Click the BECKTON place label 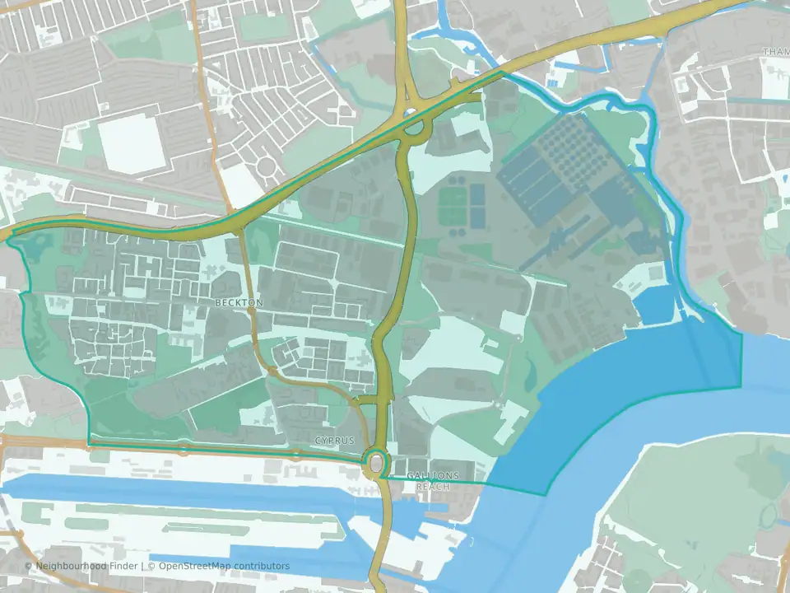pos(239,303)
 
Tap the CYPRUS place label pos(334,441)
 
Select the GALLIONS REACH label pos(432,481)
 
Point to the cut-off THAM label pos(775,52)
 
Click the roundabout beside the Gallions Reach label pos(377,465)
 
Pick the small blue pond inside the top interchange pos(409,114)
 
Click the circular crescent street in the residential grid pos(267,169)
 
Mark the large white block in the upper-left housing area pos(132,145)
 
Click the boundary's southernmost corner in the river pos(545,494)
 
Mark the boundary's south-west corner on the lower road pos(90,443)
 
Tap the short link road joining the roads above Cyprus pos(369,399)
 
